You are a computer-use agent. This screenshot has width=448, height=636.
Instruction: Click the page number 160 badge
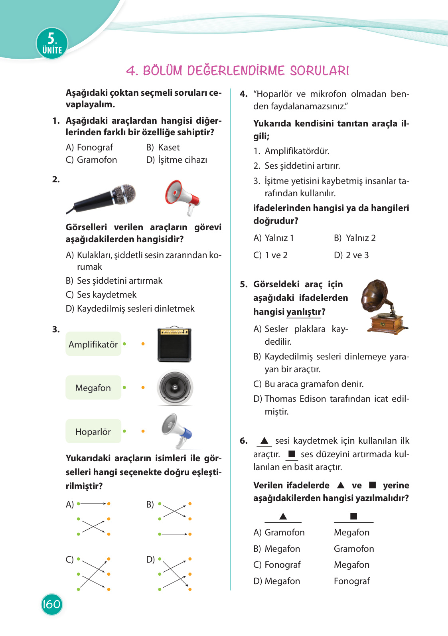(51, 604)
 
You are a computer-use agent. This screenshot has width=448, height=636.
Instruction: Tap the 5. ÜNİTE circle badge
(52, 43)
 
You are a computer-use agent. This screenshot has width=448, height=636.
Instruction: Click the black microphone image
(102, 198)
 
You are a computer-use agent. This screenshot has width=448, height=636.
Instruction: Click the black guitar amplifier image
(174, 344)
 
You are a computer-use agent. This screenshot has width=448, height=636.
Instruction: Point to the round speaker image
(175, 388)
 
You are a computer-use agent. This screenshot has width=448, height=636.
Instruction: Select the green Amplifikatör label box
(93, 344)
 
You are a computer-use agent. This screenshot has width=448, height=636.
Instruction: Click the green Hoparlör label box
(93, 431)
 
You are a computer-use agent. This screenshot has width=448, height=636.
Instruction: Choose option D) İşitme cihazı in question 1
(177, 160)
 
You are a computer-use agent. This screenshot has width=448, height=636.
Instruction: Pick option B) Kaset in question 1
(163, 148)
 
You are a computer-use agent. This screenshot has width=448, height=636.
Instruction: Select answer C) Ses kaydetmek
(101, 295)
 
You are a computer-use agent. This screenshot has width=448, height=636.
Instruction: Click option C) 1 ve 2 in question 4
(271, 255)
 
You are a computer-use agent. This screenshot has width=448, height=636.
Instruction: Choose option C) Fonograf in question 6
(277, 565)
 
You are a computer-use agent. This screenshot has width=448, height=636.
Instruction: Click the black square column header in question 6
(353, 516)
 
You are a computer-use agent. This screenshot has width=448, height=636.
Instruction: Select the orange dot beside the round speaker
(143, 387)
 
